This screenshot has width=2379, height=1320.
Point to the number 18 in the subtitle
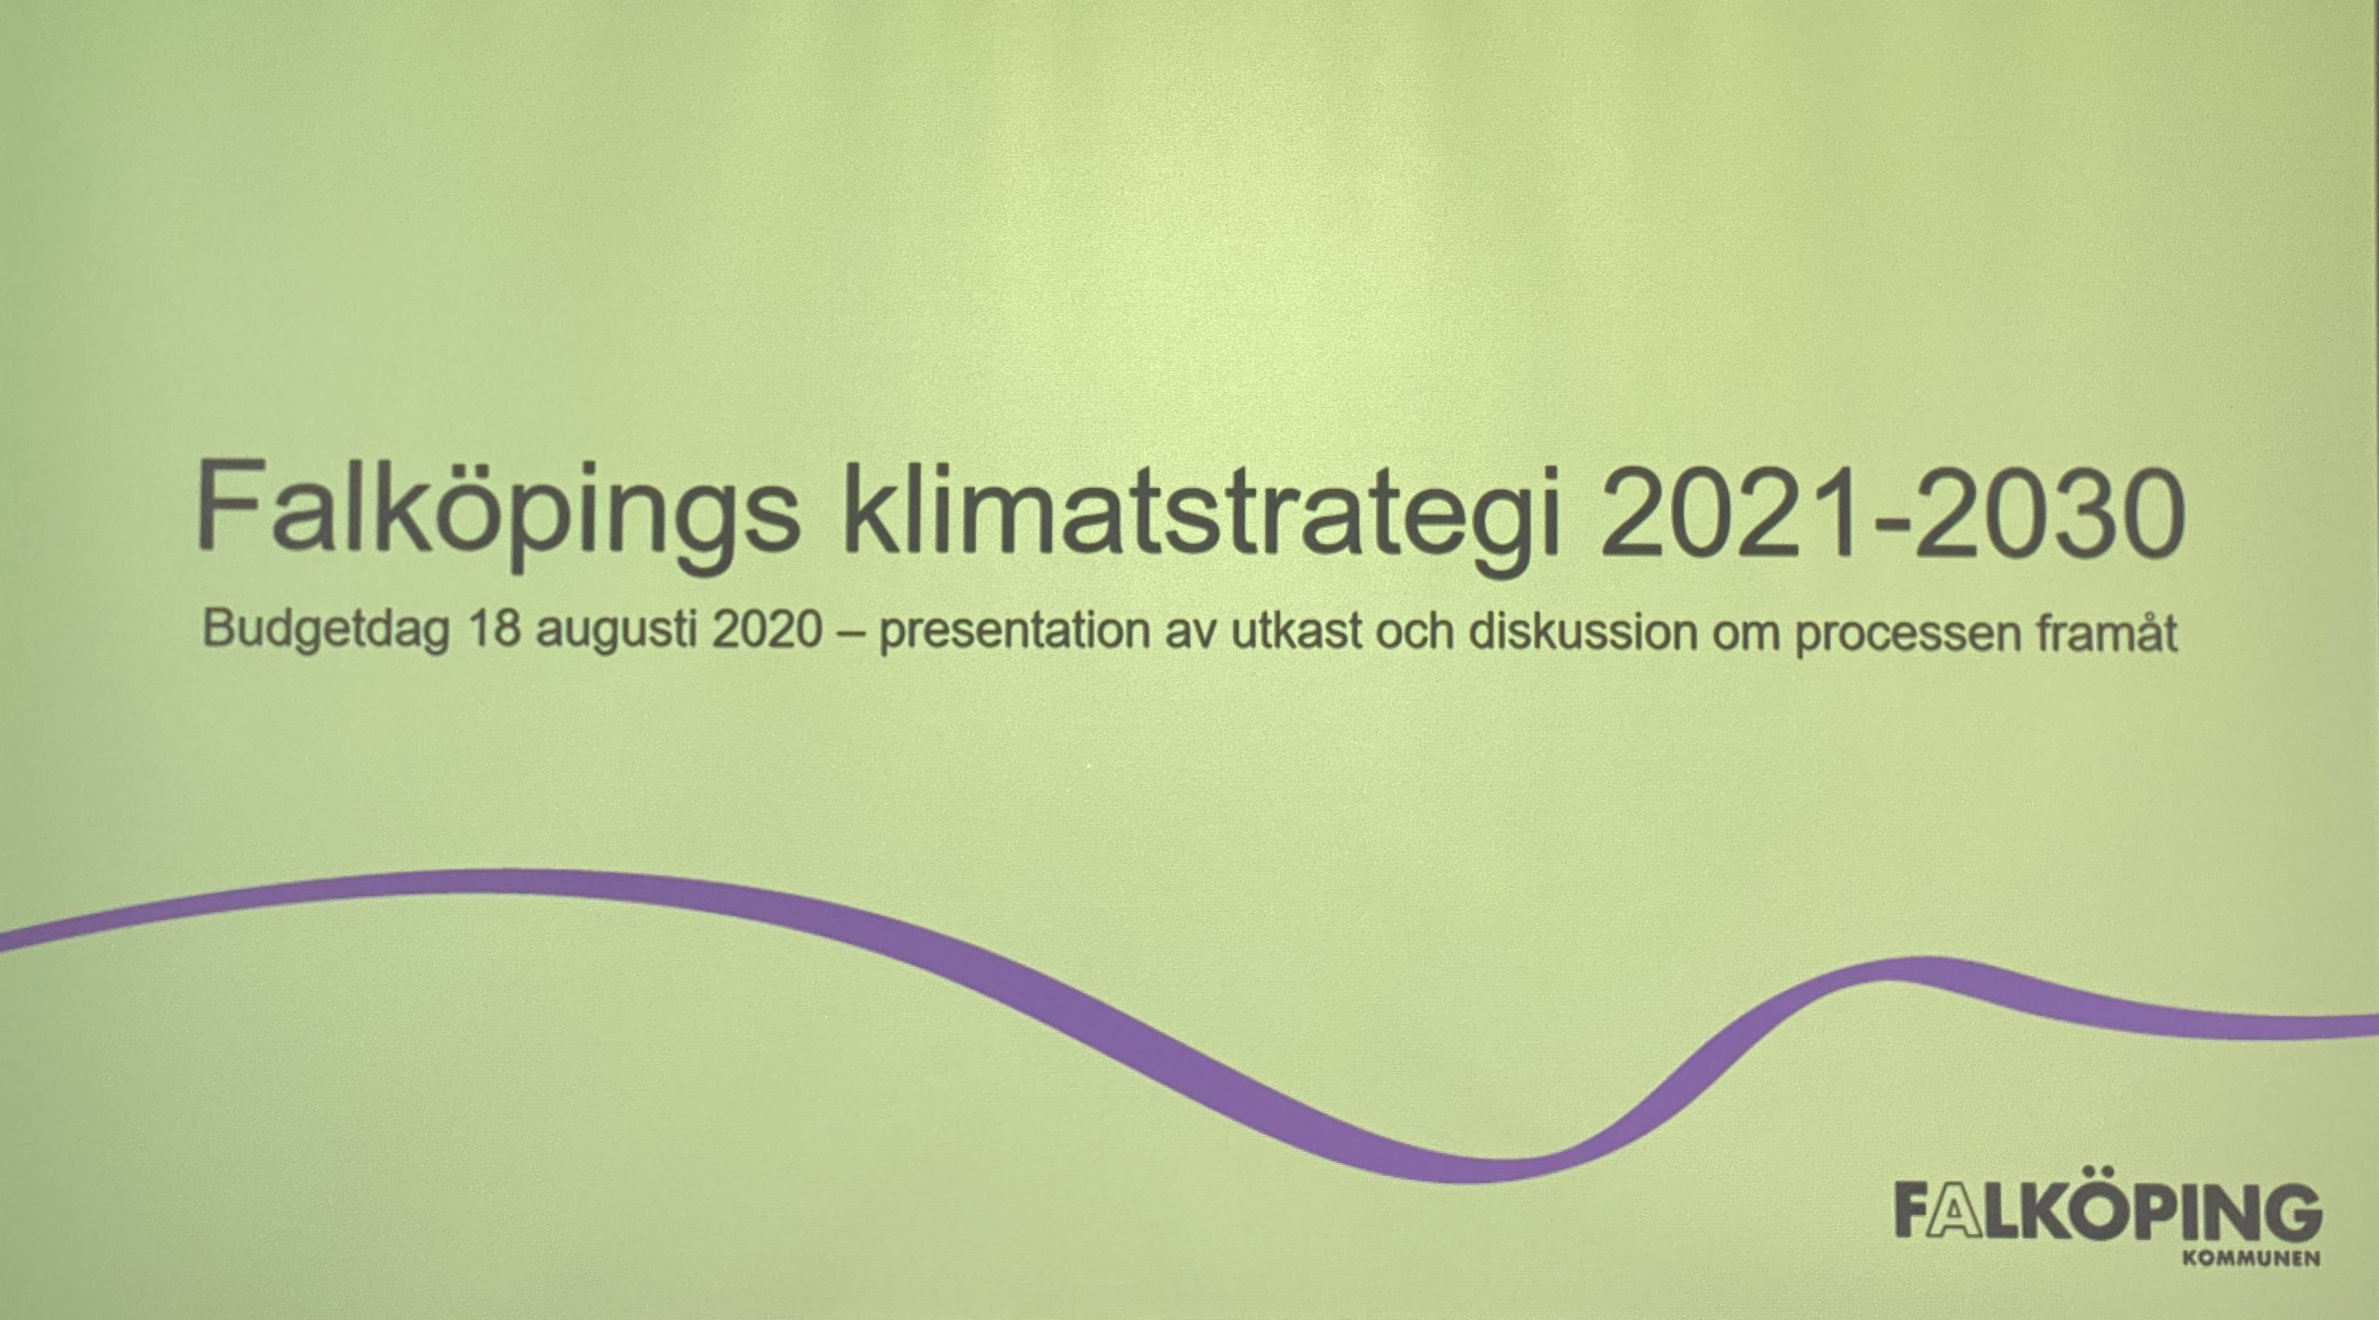tap(496, 630)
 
